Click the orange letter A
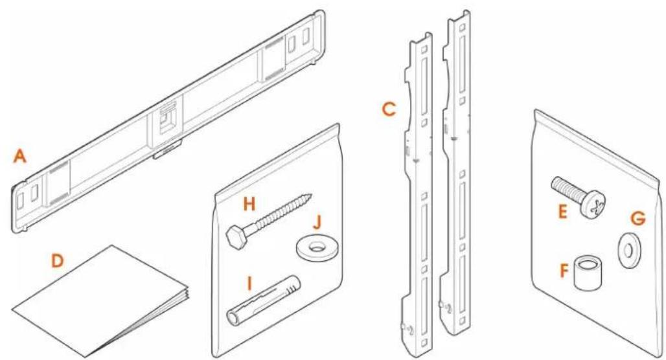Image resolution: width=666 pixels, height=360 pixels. coord(19,157)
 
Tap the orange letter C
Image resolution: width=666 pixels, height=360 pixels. coord(389,109)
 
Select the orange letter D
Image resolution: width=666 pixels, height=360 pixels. coord(57,261)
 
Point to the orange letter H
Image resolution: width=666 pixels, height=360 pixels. coord(249,205)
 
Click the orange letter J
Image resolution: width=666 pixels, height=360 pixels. coord(317,222)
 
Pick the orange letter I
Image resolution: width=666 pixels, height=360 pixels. coord(250,283)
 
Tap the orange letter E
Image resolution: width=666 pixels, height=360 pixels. coord(563,212)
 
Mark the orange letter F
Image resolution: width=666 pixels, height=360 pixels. coord(564,271)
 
